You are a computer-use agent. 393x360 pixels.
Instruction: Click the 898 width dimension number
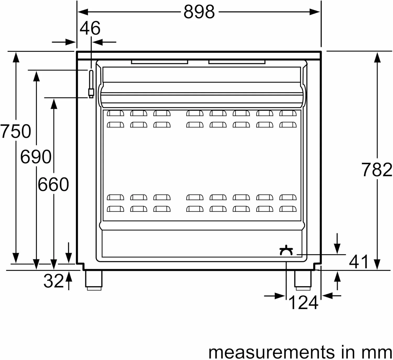[199, 12]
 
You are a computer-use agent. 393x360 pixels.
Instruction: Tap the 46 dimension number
[90, 28]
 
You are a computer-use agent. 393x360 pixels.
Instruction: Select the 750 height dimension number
[15, 131]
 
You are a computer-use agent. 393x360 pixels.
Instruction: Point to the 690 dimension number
[36, 157]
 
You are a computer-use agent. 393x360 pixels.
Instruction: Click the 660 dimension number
[53, 184]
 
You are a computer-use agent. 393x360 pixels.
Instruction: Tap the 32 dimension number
[54, 281]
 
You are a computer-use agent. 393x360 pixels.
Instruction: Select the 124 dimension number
[303, 303]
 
